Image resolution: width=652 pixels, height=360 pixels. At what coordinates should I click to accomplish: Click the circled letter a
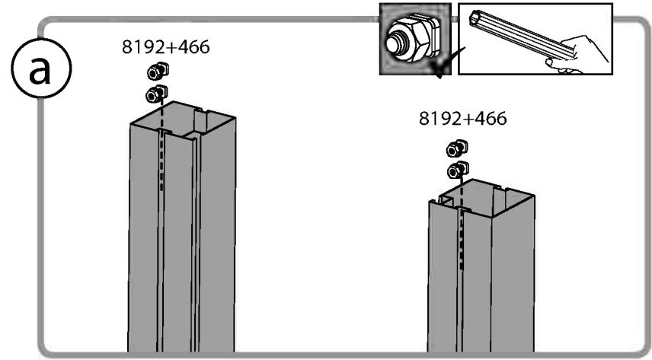tap(41, 68)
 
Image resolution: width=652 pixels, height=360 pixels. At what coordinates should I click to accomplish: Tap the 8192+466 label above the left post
tap(166, 47)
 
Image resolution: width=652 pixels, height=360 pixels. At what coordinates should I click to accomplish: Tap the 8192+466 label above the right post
tap(463, 119)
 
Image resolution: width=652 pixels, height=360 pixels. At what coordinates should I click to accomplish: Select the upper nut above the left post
tap(158, 71)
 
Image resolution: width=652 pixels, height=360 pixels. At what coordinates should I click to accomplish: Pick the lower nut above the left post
tap(156, 94)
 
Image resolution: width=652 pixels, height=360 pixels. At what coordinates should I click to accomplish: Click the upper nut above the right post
tap(457, 148)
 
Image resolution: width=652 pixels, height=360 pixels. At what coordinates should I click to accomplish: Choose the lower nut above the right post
tap(458, 170)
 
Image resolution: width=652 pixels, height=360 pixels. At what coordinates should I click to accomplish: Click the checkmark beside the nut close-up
tap(447, 62)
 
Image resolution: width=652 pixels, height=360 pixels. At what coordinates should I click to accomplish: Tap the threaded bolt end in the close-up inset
tap(395, 43)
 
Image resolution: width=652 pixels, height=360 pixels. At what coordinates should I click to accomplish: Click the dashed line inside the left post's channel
tap(161, 147)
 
